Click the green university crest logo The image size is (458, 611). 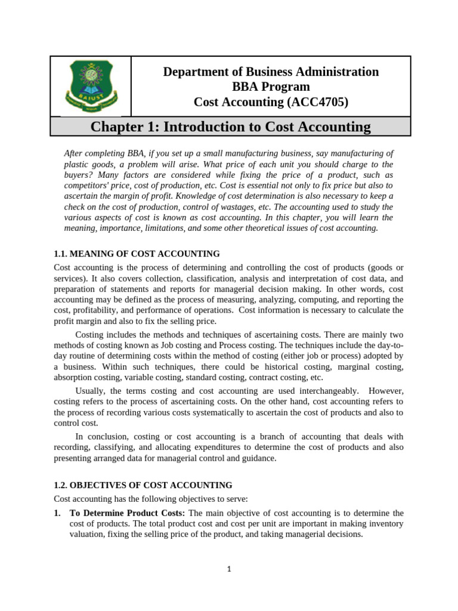click(x=90, y=87)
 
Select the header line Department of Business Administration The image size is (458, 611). click(x=271, y=72)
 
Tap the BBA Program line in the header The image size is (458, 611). click(x=271, y=87)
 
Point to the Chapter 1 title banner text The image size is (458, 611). click(x=230, y=126)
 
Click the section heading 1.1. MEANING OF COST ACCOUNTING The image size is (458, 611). click(x=137, y=254)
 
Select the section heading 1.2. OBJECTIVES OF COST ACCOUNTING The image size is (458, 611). click(x=143, y=485)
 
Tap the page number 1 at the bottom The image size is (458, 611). click(x=228, y=569)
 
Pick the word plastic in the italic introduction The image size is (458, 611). click(x=77, y=164)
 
